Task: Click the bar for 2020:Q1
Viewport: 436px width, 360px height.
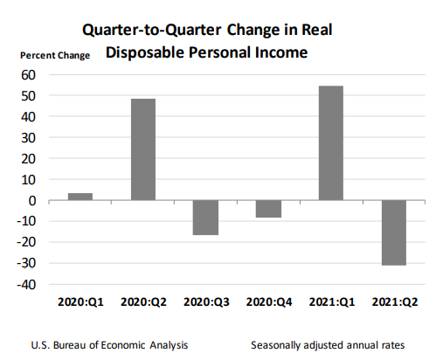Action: tap(80, 197)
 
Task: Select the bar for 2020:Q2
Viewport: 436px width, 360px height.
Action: tap(143, 149)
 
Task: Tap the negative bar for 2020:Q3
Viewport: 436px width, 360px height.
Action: tap(206, 218)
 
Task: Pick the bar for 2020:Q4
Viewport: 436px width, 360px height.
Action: tap(269, 209)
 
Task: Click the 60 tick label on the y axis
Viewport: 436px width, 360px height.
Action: tap(28, 75)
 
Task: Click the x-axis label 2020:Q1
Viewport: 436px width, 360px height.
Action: tap(80, 302)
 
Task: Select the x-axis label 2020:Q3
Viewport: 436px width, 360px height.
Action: tap(206, 302)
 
